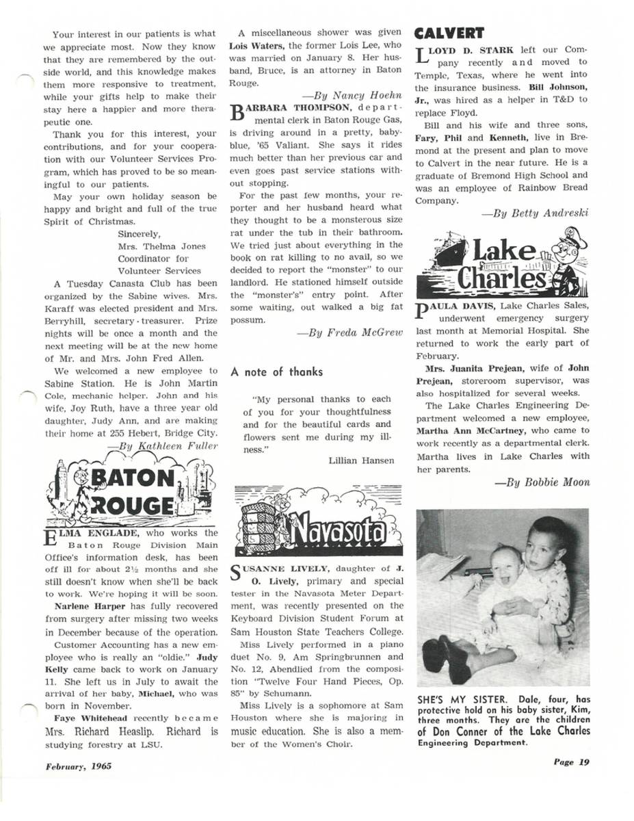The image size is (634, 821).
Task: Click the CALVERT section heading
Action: [449, 34]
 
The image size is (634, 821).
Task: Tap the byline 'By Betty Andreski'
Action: [536, 213]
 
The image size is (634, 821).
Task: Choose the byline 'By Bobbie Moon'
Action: [542, 482]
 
